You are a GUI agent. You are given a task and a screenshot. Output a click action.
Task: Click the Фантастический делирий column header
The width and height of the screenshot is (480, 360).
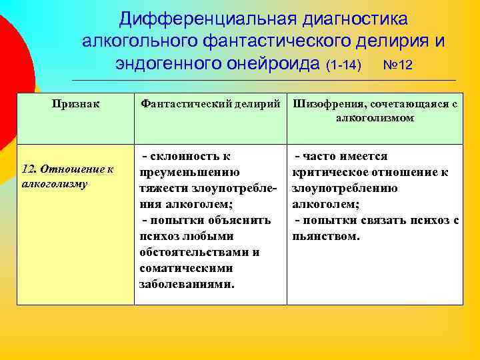[x=210, y=104]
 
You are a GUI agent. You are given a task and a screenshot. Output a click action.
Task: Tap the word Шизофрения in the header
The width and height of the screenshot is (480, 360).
[x=323, y=104]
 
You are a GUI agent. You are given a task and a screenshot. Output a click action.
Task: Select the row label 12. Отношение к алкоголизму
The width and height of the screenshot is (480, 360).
[x=68, y=176]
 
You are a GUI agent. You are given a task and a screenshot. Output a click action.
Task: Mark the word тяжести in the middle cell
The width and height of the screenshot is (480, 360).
[x=163, y=188]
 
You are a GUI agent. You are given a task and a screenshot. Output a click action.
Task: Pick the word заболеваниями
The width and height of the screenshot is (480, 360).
[x=186, y=284]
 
